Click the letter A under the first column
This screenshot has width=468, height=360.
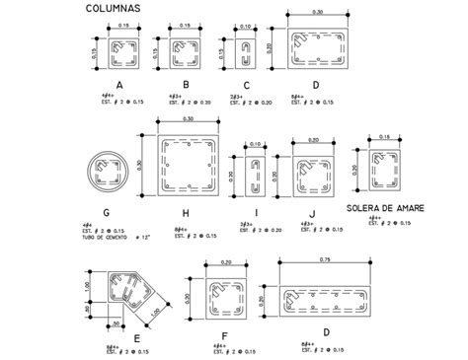pos(119,85)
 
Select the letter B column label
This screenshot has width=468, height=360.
pos(187,85)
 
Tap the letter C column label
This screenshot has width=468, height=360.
pos(246,85)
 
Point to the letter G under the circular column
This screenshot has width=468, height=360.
pos(106,211)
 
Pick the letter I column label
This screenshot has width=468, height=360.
pos(256,211)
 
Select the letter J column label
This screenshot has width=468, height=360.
pos(311,211)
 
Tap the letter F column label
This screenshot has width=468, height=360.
pos(226,335)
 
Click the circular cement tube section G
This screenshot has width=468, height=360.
pos(106,171)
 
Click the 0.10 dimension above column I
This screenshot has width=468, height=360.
pos(255,144)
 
